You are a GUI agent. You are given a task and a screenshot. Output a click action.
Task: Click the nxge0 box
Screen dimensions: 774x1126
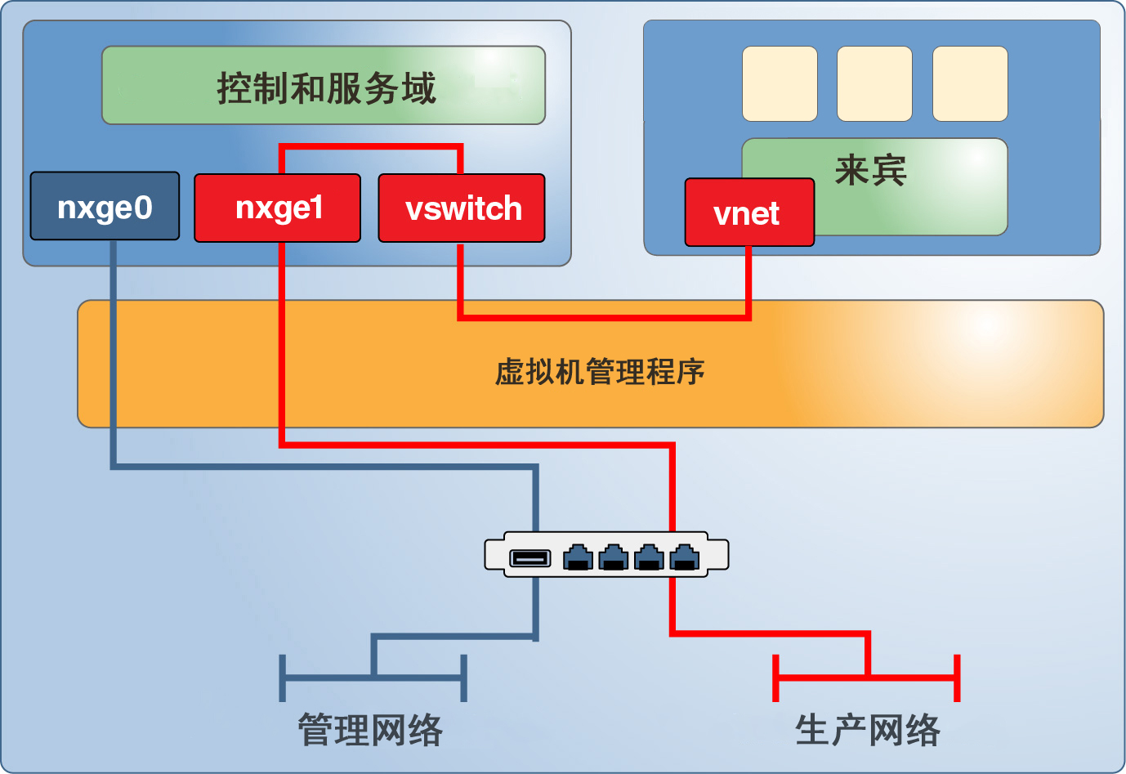(105, 206)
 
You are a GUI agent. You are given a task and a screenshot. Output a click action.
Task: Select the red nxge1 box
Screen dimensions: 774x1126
(277, 208)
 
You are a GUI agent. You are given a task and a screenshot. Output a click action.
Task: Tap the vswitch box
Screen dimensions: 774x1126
(462, 208)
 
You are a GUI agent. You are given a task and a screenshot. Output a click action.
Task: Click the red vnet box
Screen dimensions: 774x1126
(748, 213)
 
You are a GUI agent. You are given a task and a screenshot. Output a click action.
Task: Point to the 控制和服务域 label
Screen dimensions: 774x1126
(326, 88)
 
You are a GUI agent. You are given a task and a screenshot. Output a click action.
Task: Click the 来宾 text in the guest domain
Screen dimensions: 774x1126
(870, 171)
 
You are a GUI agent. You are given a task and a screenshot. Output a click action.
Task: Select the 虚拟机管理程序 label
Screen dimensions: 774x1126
(600, 372)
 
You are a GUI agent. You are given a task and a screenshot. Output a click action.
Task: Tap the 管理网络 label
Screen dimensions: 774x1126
(370, 730)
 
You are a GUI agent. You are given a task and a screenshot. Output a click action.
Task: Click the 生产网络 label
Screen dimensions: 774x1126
(868, 730)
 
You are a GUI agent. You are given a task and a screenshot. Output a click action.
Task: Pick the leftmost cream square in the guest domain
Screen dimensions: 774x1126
(780, 83)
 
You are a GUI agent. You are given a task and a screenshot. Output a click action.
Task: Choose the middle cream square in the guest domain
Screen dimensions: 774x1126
(874, 83)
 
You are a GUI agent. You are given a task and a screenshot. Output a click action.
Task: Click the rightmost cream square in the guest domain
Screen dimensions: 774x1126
(970, 83)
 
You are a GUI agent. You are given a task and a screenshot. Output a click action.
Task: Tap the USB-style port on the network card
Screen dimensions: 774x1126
(530, 558)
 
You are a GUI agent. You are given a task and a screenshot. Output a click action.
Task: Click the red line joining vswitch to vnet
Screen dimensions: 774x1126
(605, 316)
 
